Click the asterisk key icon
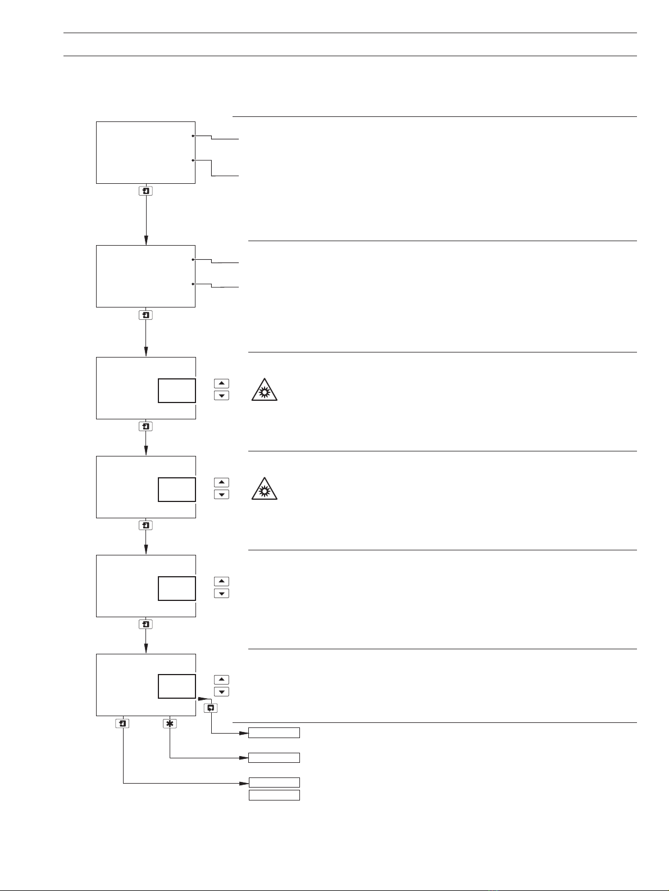[170, 724]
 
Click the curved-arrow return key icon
[211, 708]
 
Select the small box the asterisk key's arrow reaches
[274, 758]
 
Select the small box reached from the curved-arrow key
[274, 732]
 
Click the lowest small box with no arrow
[274, 795]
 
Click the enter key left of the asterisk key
[122, 724]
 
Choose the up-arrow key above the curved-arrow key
[222, 680]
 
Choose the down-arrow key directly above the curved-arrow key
[222, 691]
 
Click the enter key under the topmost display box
[146, 191]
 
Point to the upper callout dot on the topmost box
[193, 136]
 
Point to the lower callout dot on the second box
[193, 284]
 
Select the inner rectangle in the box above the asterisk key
[177, 686]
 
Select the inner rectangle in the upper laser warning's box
[177, 391]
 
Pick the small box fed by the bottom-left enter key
[274, 783]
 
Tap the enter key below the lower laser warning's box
[146, 526]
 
